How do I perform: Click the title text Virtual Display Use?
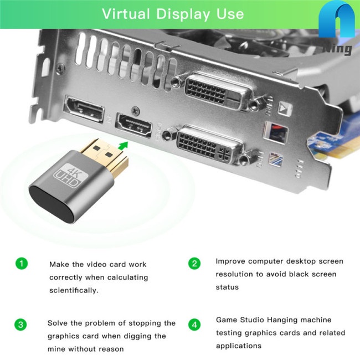pos(173,13)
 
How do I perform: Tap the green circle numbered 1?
pos(20,263)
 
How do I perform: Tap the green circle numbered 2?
pos(194,263)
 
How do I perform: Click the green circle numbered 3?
pos(20,323)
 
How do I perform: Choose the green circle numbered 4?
pos(194,323)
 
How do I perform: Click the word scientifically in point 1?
pos(74,290)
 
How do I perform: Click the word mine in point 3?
pos(58,349)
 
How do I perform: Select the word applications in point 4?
pos(238,346)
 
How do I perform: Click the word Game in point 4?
pos(225,320)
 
